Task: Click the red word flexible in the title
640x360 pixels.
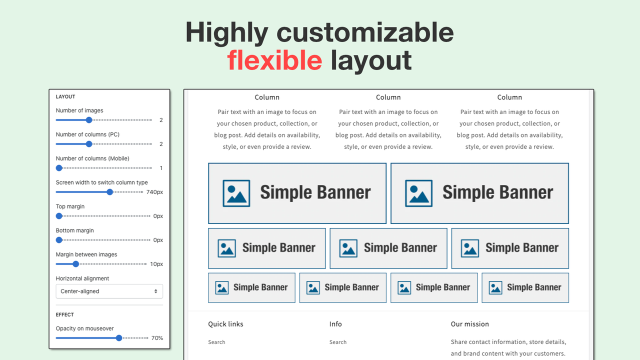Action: [x=274, y=60]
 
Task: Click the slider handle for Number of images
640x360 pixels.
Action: [x=89, y=120]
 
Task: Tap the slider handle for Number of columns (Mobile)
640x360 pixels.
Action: [x=59, y=168]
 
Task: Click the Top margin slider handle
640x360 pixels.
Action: [x=59, y=216]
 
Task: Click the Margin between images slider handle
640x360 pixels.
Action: [x=75, y=264]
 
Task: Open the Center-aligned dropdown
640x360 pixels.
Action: [x=109, y=291]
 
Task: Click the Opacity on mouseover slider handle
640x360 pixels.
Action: [x=118, y=338]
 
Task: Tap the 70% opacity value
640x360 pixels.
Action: [x=157, y=338]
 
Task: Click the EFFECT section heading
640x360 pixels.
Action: [x=65, y=314]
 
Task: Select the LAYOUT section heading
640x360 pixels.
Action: [x=65, y=96]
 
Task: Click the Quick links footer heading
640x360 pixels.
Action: [x=225, y=324]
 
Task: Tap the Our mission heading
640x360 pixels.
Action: [x=469, y=324]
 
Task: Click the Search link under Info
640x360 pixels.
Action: [x=338, y=342]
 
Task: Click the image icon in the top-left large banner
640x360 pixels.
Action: [x=236, y=193]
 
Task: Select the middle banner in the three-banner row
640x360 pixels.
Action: [x=388, y=248]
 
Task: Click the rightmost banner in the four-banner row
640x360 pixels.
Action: [x=525, y=287]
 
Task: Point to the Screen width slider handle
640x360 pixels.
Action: [x=110, y=192]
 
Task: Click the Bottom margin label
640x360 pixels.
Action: [x=74, y=230]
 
